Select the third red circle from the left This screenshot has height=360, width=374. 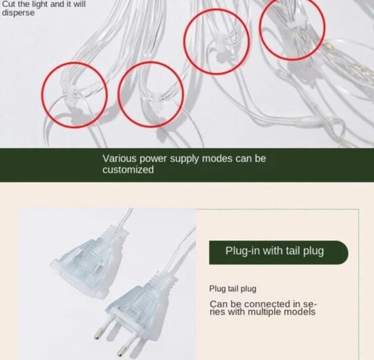click(216, 39)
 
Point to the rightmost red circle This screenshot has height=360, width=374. click(292, 28)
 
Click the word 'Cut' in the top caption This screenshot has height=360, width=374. click(8, 4)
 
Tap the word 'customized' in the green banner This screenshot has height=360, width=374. click(128, 170)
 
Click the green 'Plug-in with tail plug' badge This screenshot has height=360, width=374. click(279, 252)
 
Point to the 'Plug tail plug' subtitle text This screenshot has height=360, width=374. click(233, 288)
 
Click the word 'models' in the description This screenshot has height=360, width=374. click(300, 312)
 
